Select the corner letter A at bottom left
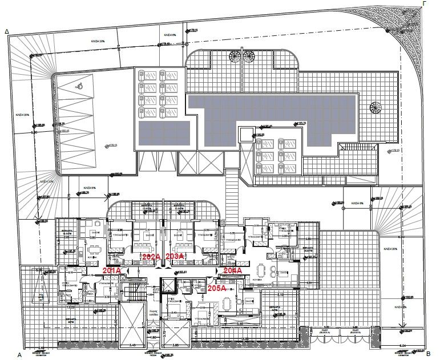(x=19, y=354)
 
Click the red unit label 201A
(x=112, y=270)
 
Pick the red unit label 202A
(x=151, y=257)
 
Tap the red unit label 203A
(x=174, y=257)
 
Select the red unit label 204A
(x=233, y=270)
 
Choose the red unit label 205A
(x=217, y=289)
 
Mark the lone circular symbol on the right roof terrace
(x=376, y=107)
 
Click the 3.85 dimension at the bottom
(x=176, y=345)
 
